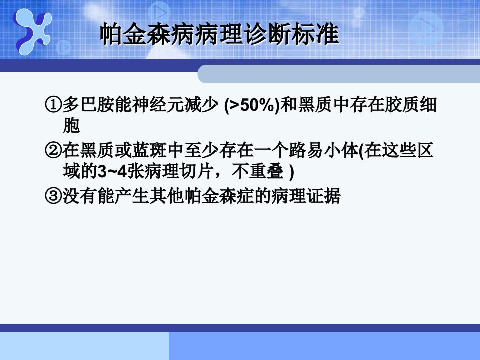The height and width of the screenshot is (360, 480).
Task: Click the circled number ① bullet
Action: (53, 105)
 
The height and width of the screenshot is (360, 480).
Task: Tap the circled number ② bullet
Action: (53, 150)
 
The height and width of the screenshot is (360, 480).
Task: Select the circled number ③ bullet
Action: (53, 196)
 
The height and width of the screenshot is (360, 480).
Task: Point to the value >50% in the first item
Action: (251, 105)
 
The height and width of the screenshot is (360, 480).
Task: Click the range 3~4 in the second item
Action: (112, 172)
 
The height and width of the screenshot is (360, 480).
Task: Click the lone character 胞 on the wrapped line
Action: (71, 126)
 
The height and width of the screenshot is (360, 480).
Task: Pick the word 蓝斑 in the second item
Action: (149, 150)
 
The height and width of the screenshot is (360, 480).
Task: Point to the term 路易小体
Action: (324, 150)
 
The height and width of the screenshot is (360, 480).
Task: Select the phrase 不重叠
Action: (258, 171)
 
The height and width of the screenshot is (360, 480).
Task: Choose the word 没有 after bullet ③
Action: (79, 196)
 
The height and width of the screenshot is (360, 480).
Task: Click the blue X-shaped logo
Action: (32, 31)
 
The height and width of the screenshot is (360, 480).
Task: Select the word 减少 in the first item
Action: (201, 105)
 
